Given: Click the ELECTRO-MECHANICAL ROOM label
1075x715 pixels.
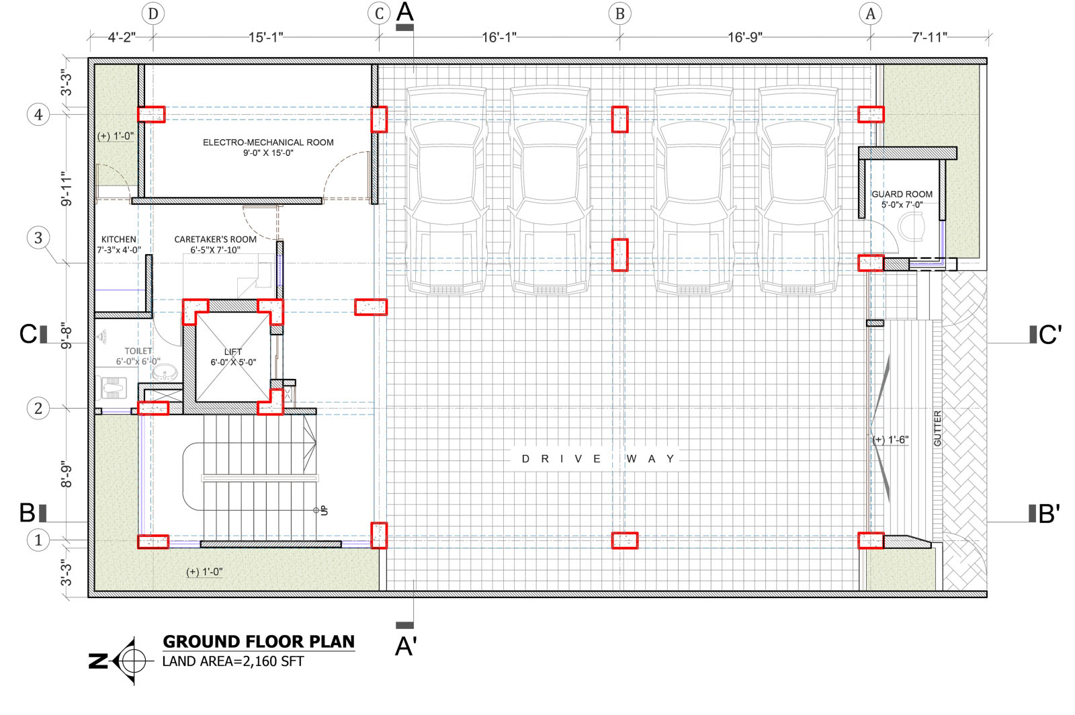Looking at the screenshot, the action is point(268,142).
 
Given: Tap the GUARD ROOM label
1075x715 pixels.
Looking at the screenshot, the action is point(902,194).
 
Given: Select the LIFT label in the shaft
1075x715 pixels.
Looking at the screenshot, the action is point(232,351).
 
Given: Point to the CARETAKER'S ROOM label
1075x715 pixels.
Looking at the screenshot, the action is point(215,239).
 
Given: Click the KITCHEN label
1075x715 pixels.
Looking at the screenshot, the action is point(118,239).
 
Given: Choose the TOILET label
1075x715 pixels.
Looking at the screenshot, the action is point(138,351).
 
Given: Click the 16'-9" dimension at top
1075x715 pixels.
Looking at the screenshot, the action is point(745,38).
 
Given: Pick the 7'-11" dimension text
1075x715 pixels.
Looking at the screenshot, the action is point(930,37).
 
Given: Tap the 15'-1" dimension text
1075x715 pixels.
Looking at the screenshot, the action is point(266,38).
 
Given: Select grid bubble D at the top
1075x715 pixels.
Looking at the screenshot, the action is point(153,14).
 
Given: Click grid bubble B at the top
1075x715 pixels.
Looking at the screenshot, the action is point(619,14).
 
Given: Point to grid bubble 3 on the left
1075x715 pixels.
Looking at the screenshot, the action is point(38,237).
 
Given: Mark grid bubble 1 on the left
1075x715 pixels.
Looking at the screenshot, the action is point(38,540).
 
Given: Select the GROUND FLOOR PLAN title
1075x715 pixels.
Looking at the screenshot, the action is point(259,642).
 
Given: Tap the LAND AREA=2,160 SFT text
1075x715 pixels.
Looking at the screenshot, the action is point(233,661).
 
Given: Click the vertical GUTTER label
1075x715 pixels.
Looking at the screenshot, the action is point(937,429).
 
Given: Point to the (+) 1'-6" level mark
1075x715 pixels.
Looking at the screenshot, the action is point(891,439).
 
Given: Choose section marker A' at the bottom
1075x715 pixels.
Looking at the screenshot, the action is point(406,646).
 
